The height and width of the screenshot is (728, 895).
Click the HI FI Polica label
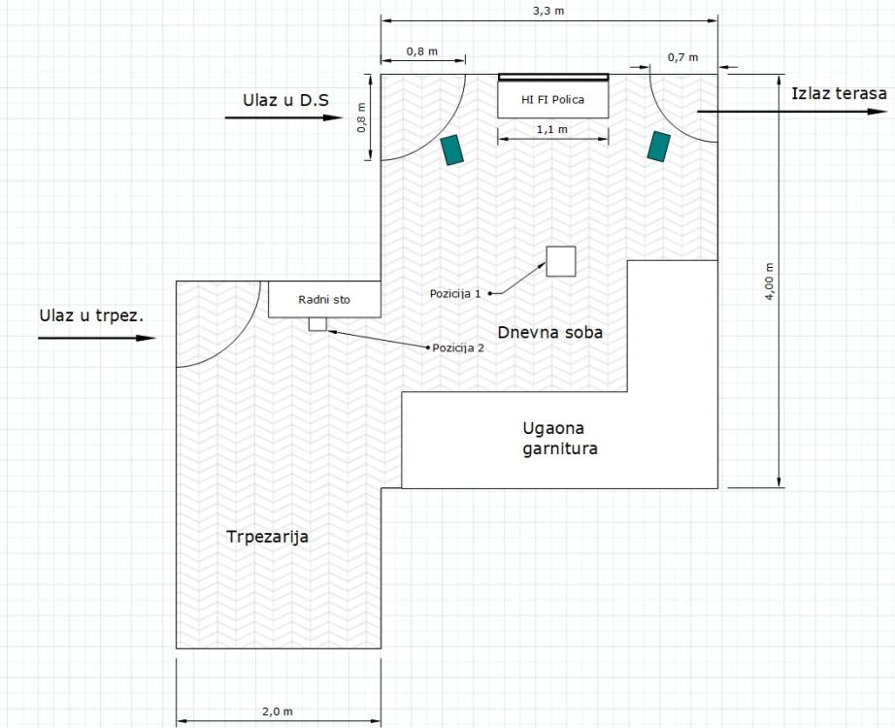pos(552,99)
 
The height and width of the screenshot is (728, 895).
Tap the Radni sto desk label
pos(324,299)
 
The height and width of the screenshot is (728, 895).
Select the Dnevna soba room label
pos(550,332)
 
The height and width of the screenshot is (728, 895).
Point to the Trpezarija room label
pos(267,537)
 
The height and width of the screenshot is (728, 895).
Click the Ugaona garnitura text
pos(560,439)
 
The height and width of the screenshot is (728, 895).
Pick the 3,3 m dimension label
pos(548,11)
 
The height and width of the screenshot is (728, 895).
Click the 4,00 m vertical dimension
pos(770,281)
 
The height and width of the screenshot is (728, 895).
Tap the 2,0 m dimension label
pos(278,711)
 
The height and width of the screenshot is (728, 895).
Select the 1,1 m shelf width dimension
pos(552,130)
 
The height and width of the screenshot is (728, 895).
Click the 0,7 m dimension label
pos(682,57)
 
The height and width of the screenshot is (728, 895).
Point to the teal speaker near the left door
pos(452,149)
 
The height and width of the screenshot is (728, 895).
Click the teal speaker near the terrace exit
pos(659,147)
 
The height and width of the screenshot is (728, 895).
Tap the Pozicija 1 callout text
pos(455,293)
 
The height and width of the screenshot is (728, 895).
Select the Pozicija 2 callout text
pos(458,347)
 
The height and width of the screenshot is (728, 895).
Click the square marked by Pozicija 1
pos(560,261)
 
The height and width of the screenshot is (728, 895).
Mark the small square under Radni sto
pos(318,324)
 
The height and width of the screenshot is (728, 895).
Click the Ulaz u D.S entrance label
pos(286,100)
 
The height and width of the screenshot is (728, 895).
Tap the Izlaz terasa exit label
pos(839,93)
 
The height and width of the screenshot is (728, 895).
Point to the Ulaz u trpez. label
pos(91,315)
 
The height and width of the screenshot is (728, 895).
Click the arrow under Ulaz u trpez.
pos(96,338)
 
